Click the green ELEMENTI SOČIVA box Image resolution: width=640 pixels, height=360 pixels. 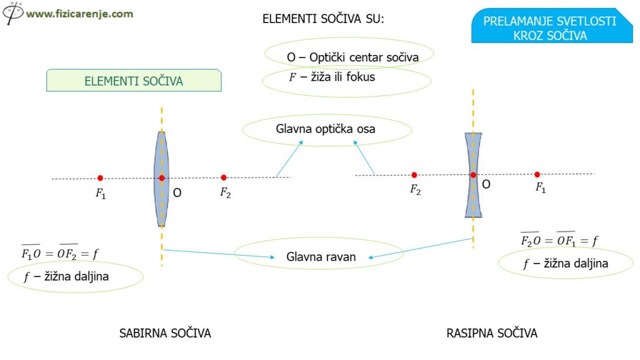tap(134, 81)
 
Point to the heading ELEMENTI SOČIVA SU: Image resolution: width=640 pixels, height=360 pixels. tap(323, 19)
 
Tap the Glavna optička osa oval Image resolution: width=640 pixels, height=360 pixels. tap(326, 129)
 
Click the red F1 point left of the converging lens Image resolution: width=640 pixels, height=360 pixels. tap(100, 178)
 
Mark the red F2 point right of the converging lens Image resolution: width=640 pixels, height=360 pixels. tap(224, 177)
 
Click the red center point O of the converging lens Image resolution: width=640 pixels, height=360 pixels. tap(161, 178)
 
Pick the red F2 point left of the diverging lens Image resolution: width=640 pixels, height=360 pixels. tap(414, 175)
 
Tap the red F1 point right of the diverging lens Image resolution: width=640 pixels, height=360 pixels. tap(537, 174)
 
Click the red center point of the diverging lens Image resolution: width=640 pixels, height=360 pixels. tap(473, 175)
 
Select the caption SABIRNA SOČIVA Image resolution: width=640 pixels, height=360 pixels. tap(165, 333)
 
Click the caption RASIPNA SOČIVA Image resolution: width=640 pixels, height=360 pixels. tap(492, 333)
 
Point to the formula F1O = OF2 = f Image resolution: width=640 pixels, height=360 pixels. tap(59, 253)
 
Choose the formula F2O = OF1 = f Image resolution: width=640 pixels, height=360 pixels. tap(559, 240)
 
